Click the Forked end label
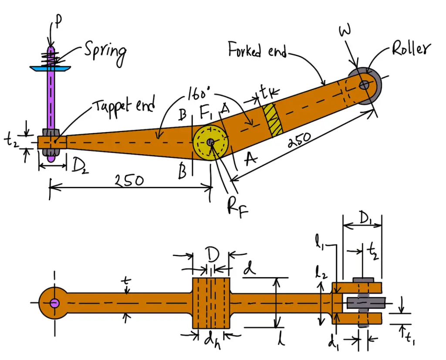257,52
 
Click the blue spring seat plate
51,68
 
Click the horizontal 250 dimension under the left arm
130,180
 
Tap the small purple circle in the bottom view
54,303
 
